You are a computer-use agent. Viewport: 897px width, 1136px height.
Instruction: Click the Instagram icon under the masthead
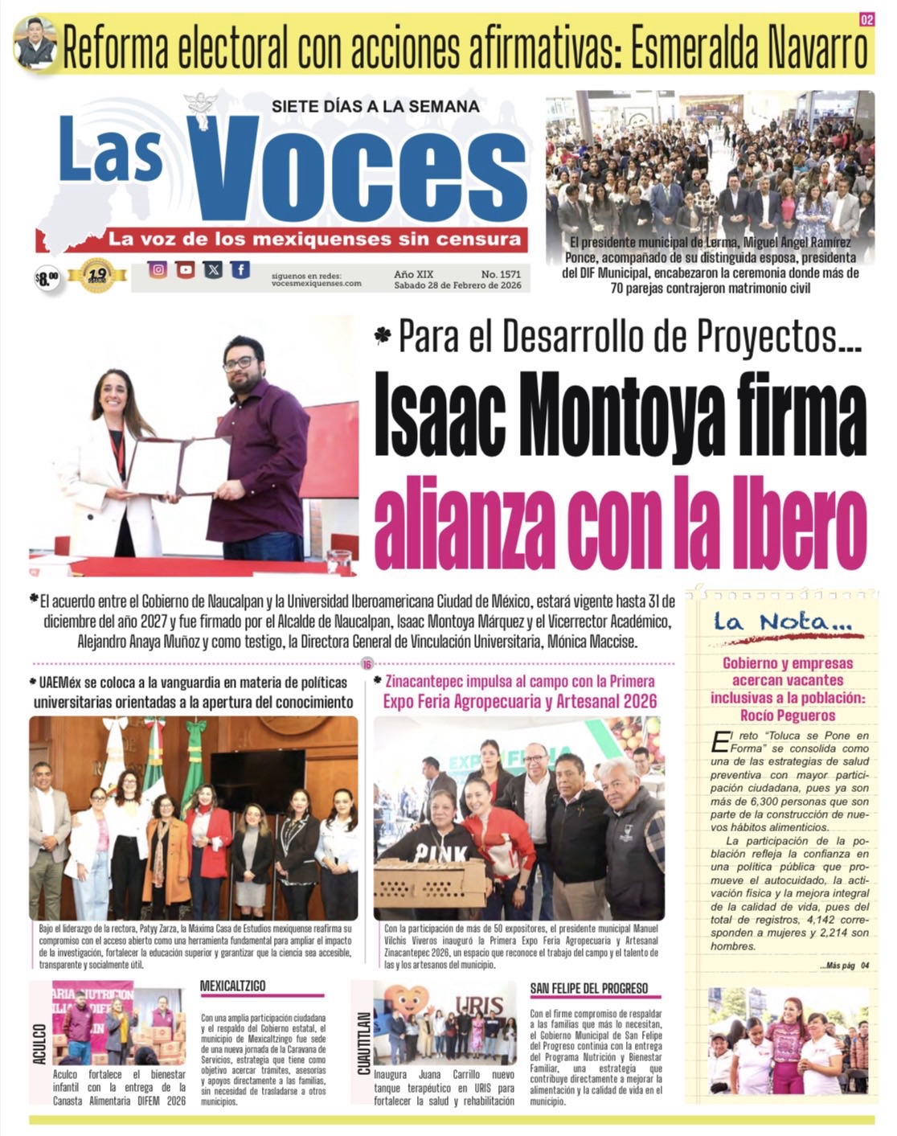click(158, 270)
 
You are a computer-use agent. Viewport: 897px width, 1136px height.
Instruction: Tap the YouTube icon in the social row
click(186, 270)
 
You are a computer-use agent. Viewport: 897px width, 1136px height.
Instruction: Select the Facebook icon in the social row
click(240, 270)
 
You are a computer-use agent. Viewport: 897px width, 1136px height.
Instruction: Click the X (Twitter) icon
click(213, 270)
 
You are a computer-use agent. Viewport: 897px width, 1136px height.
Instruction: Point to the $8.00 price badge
click(47, 278)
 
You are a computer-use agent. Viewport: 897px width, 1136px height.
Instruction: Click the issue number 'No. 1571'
click(502, 274)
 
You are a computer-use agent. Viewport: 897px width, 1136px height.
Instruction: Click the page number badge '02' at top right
click(866, 20)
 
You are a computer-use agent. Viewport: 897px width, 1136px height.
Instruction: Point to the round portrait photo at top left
click(35, 43)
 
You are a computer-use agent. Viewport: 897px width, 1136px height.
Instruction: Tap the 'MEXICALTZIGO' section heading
click(232, 986)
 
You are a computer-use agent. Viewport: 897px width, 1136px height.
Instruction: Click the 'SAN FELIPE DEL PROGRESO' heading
click(589, 988)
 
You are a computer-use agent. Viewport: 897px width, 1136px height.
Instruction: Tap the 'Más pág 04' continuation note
click(844, 966)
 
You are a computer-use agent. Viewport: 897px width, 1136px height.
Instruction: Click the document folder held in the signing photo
click(179, 466)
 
